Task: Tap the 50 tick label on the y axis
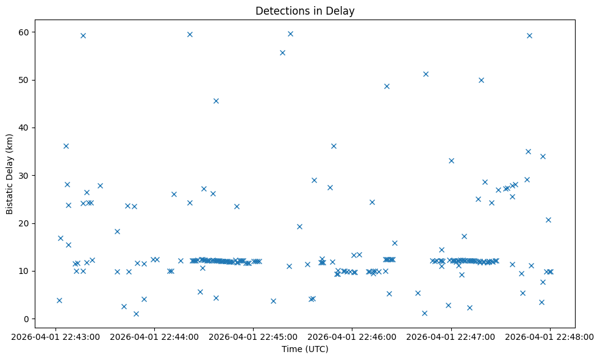point(25,80)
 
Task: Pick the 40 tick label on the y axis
point(25,128)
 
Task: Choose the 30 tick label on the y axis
point(25,176)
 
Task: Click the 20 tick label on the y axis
point(25,223)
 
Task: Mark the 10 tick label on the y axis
point(25,271)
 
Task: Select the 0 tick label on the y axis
point(27,319)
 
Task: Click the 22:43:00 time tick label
point(55,336)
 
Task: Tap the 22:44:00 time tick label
point(154,336)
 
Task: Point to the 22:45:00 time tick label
point(253,336)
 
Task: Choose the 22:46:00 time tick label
point(352,336)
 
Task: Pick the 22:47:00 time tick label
point(451,336)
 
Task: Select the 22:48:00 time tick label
point(550,336)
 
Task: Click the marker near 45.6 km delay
point(216,101)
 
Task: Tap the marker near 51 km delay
point(426,74)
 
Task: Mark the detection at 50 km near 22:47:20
point(481,80)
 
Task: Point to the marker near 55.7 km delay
point(282,52)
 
